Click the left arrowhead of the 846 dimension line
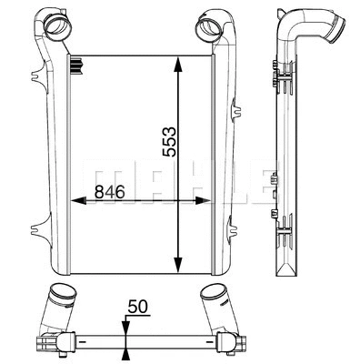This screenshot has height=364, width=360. (x=75, y=202)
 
